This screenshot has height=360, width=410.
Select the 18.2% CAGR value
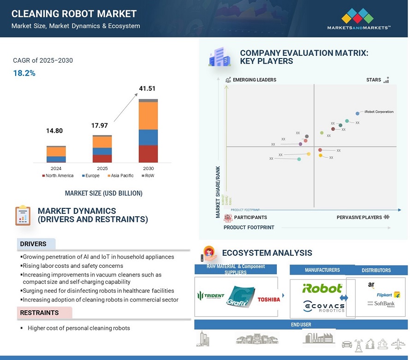(24, 73)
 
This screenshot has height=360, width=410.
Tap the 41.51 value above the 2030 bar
(148, 89)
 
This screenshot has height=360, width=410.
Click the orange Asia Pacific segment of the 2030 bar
(148, 115)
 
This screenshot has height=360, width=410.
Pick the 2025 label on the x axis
(102, 169)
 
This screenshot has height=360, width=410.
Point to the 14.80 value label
(54, 131)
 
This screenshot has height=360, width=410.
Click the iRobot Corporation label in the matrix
(379, 112)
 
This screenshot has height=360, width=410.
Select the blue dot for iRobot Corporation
(357, 113)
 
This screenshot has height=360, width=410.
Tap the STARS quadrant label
(374, 80)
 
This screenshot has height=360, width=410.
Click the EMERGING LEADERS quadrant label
(255, 80)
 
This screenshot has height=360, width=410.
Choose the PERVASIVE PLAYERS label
(359, 217)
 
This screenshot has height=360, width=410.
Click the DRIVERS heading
(33, 244)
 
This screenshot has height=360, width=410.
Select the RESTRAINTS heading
(39, 313)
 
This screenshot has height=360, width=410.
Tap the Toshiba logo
(268, 299)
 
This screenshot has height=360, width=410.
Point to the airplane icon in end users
(398, 343)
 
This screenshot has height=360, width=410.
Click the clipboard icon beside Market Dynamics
(23, 215)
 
